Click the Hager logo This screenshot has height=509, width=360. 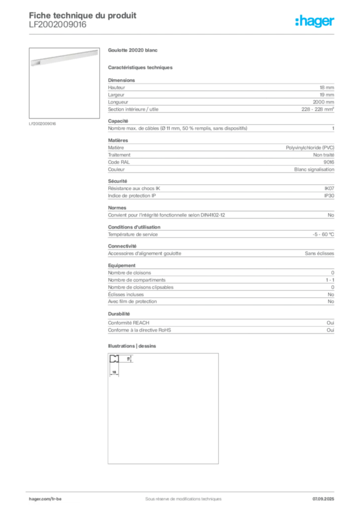click(314, 21)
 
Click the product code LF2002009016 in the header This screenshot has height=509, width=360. click(58, 25)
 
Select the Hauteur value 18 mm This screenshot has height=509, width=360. click(327, 87)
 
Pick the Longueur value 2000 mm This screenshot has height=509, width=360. click(323, 102)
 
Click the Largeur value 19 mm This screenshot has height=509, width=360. click(327, 95)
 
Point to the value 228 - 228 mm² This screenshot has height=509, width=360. click(317, 109)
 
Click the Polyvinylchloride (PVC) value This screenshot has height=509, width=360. click(310, 148)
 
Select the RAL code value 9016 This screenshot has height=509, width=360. click(329, 162)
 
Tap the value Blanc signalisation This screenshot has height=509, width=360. click(314, 170)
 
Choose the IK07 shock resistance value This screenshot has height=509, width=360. click(329, 188)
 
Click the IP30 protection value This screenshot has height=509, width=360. click(329, 196)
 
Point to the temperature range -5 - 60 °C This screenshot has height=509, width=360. click(323, 235)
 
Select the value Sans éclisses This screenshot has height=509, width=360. click(319, 253)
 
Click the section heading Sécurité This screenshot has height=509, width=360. click(117, 181)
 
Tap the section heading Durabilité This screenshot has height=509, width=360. click(119, 314)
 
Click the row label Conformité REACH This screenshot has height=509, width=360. click(129, 323)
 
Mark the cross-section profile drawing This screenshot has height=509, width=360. click(121, 365)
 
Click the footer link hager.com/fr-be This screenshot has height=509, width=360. click(45, 499)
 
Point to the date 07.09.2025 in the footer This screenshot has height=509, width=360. click(323, 499)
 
